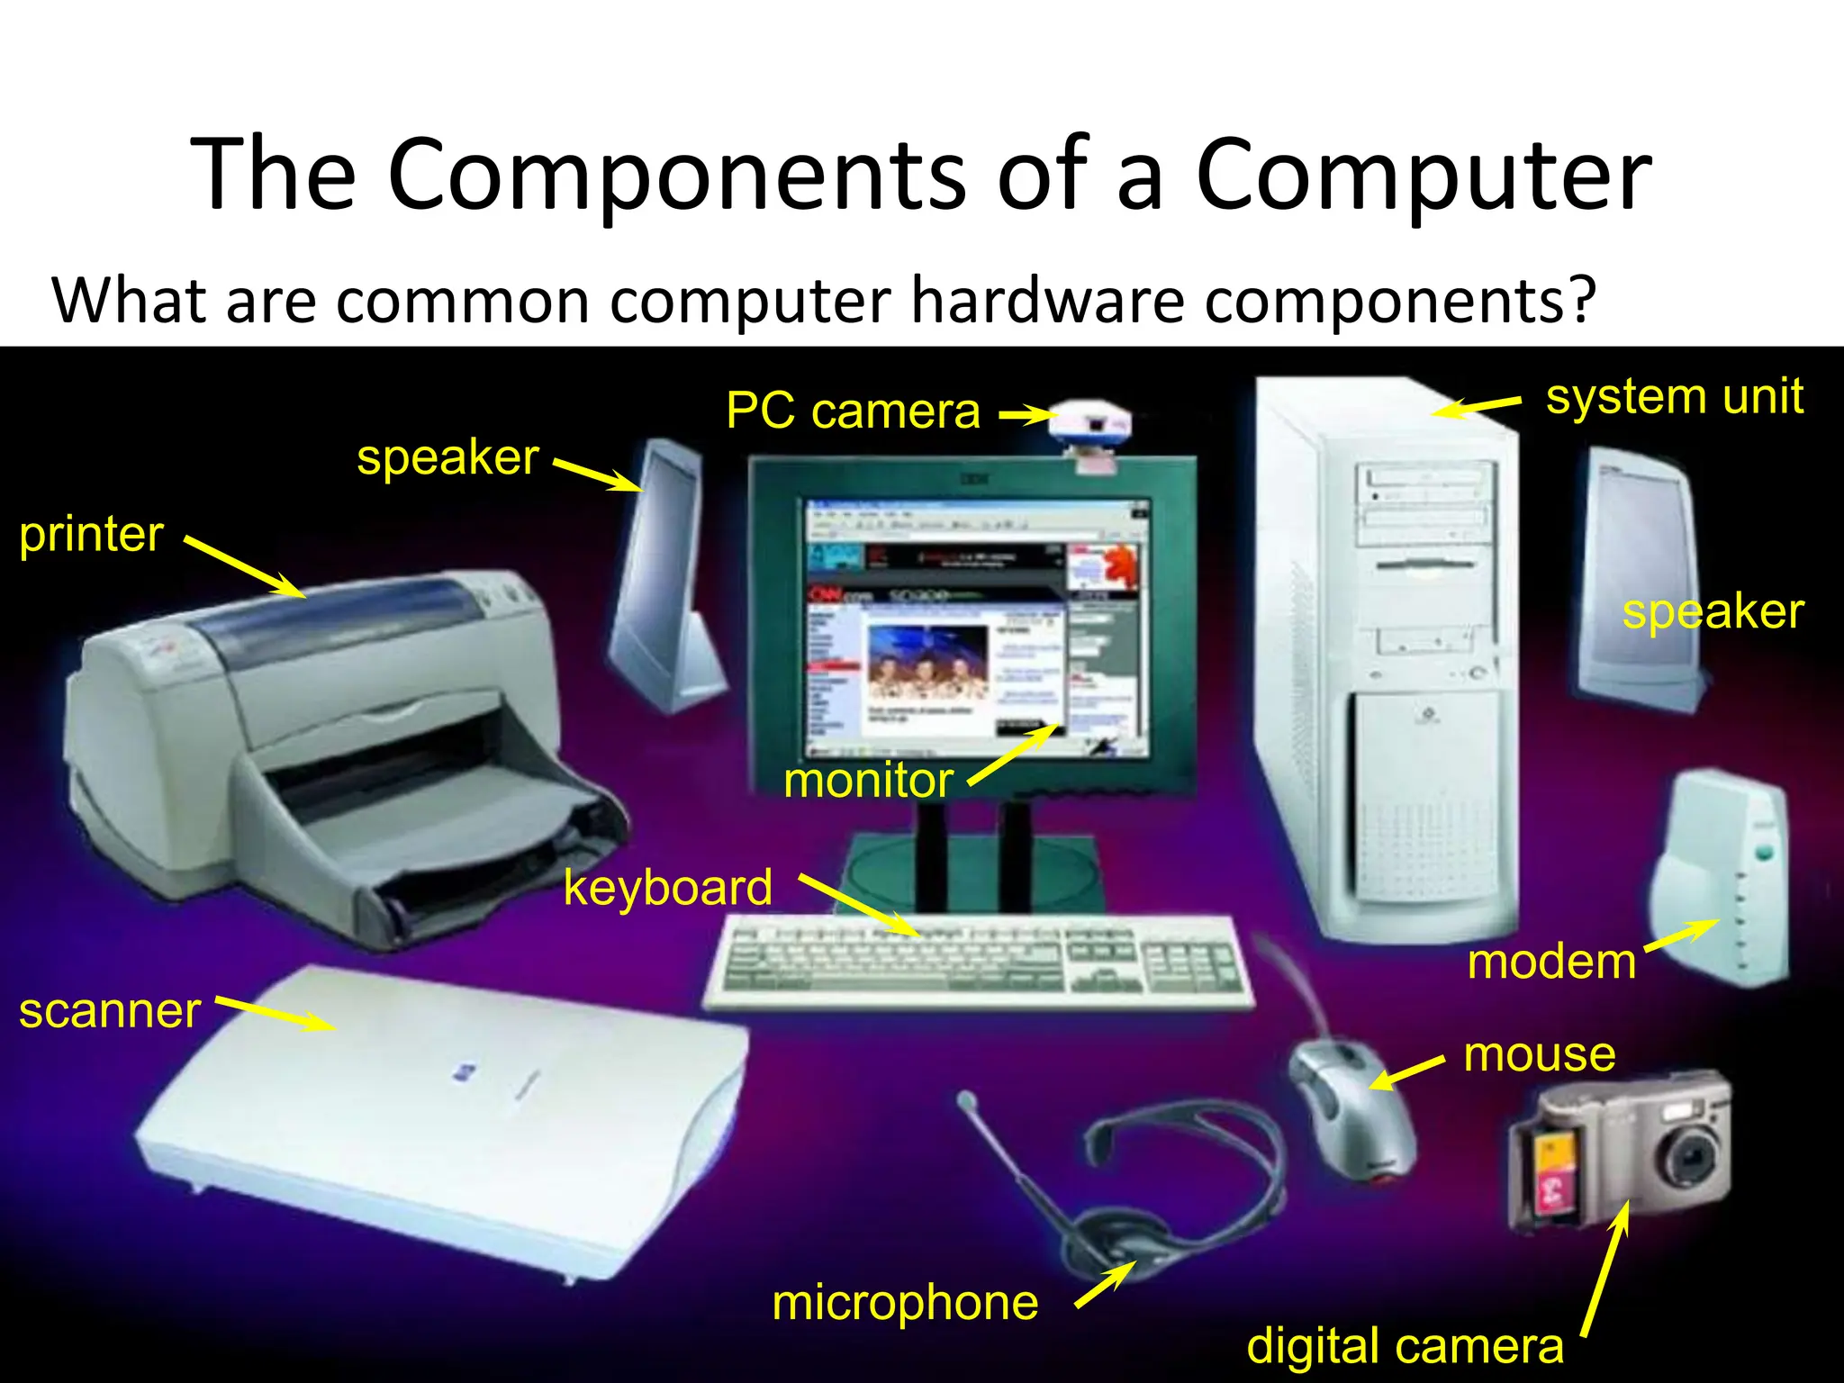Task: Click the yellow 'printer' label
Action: pyautogui.click(x=91, y=535)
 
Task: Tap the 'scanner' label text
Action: pyautogui.click(x=110, y=1011)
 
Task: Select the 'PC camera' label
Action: pyautogui.click(x=852, y=411)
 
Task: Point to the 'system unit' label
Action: pyautogui.click(x=1674, y=396)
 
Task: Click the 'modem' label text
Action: pyautogui.click(x=1551, y=962)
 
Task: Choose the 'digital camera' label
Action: pyautogui.click(x=1405, y=1345)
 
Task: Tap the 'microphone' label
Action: pyautogui.click(x=905, y=1302)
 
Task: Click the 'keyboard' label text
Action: pyautogui.click(x=667, y=888)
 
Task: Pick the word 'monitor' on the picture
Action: pyautogui.click(x=868, y=780)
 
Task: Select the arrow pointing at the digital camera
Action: pyautogui.click(x=1604, y=1270)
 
